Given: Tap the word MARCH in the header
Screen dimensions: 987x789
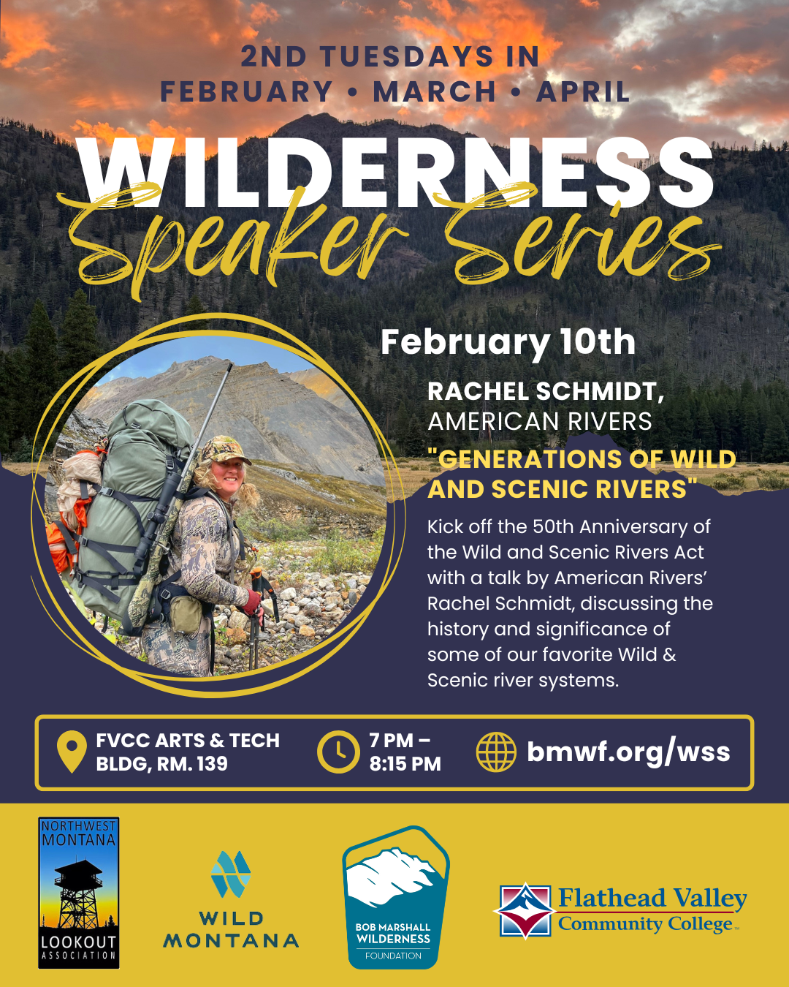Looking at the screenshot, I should [434, 92].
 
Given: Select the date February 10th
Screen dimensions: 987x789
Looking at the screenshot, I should [508, 341].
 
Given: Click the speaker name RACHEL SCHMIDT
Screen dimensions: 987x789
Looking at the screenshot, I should [545, 391].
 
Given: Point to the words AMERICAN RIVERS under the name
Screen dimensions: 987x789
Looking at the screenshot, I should [539, 422].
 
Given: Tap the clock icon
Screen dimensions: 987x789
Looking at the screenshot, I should [338, 752].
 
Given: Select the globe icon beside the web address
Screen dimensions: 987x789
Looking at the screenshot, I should [496, 752].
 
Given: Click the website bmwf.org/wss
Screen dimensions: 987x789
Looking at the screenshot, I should [628, 752].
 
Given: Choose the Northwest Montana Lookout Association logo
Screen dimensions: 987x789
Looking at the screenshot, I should [78, 893].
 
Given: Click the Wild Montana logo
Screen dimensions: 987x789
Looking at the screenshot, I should [231, 899].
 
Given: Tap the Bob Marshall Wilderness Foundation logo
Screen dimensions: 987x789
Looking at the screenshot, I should [395, 897].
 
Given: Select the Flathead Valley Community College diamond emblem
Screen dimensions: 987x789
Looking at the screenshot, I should [524, 910].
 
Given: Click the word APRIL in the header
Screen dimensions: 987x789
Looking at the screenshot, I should [583, 92].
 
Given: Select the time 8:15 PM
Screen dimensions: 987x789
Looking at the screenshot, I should [405, 764].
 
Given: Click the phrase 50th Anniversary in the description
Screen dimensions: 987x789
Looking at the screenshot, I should [621, 526].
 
